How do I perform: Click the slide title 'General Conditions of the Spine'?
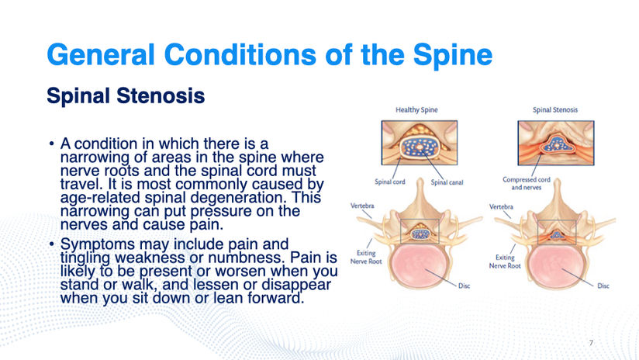[x=269, y=54]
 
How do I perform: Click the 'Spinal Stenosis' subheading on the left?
[x=126, y=95]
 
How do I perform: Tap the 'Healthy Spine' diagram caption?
[x=416, y=109]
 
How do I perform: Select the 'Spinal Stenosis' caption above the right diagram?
[x=555, y=109]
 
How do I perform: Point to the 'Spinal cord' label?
[x=390, y=182]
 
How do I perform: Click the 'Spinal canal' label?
[x=447, y=182]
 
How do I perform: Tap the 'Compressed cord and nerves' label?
[x=526, y=183]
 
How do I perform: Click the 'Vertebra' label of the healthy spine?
[x=362, y=206]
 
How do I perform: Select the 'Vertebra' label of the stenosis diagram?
[x=501, y=206]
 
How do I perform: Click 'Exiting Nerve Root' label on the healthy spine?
[x=366, y=258]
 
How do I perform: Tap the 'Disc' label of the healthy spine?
[x=465, y=286]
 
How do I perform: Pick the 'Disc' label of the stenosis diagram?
[x=603, y=286]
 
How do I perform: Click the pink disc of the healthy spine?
[x=419, y=265]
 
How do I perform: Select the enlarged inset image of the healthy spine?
[x=420, y=143]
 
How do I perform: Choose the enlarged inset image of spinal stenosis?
[x=556, y=143]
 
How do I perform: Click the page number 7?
[x=591, y=343]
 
